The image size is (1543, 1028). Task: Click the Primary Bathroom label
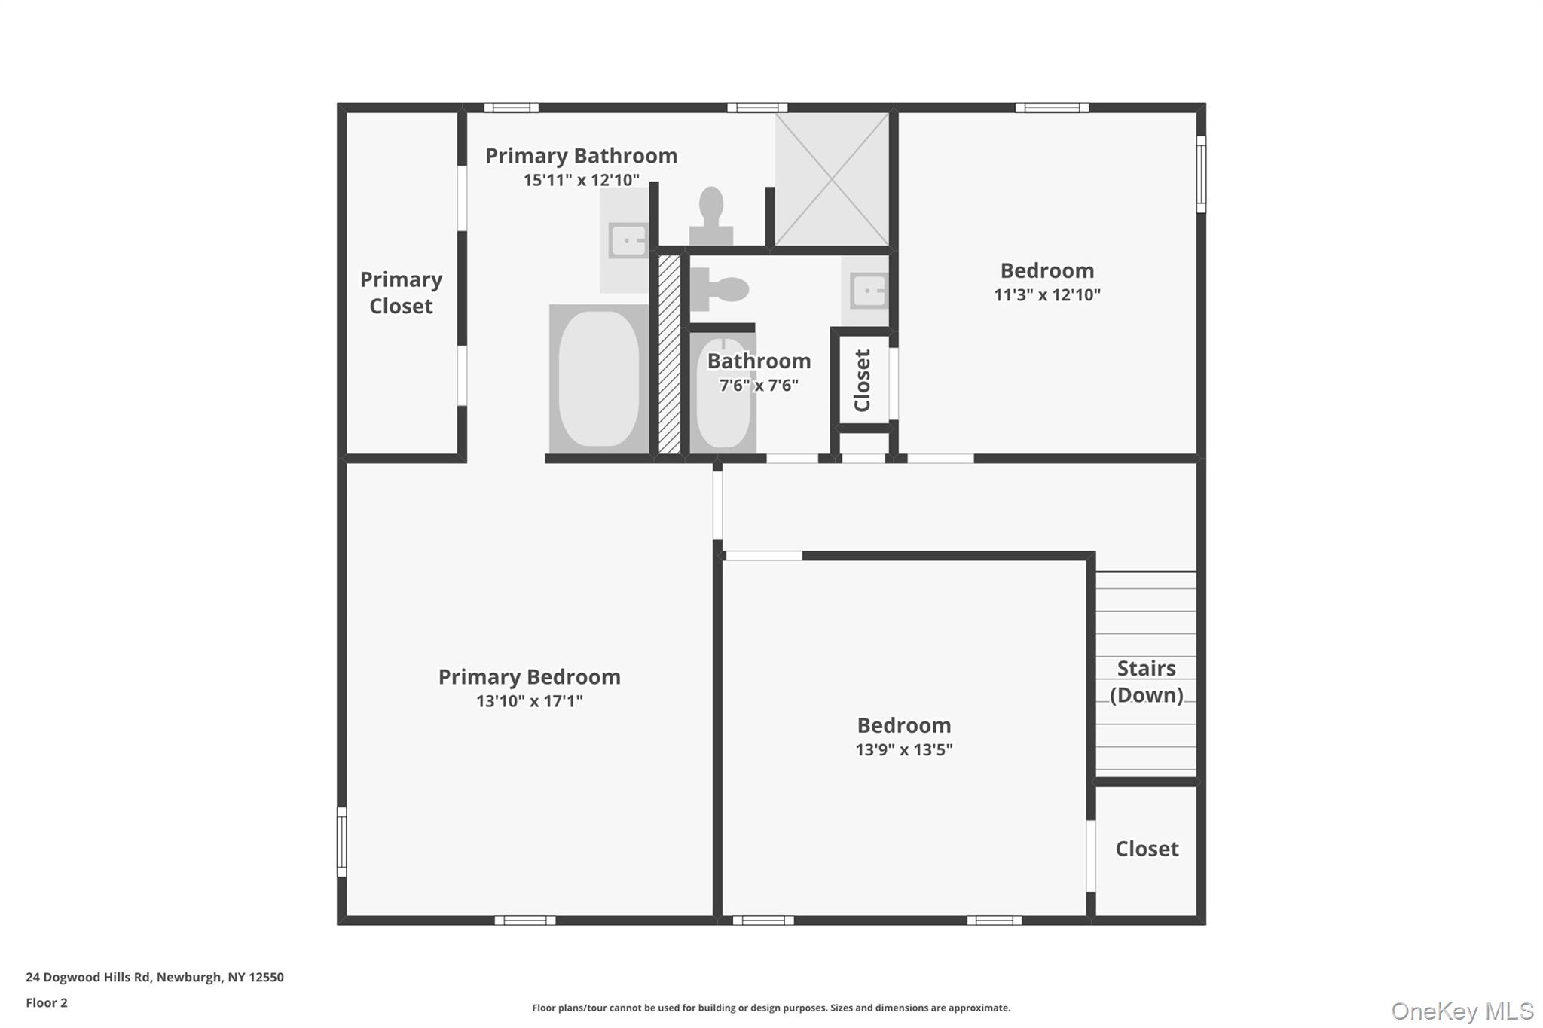coord(581,156)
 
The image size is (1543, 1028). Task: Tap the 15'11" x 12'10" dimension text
coord(581,180)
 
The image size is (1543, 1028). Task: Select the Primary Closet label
coord(401,292)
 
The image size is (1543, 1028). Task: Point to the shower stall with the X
coord(832,178)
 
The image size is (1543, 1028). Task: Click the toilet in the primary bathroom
coord(711,215)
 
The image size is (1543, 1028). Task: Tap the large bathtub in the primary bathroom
coord(599,379)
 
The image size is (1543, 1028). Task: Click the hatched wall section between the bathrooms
coord(669,354)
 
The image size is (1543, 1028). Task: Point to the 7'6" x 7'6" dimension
coord(758,386)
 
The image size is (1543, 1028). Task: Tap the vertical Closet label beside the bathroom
coord(863,380)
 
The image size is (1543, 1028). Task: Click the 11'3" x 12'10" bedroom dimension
coord(1046,295)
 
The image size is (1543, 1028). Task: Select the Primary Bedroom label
coord(529,677)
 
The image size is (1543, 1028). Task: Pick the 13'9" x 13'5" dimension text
coord(903,750)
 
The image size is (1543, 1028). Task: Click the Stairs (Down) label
coord(1146,682)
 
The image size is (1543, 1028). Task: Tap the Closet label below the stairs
coord(1147,849)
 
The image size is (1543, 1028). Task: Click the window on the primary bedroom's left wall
coord(341,841)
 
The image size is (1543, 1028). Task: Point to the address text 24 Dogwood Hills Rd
coord(154,977)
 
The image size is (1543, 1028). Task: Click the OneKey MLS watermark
coord(1462,1011)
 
